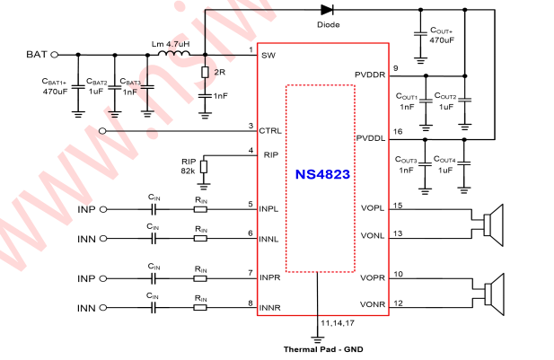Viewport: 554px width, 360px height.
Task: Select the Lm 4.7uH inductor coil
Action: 173,54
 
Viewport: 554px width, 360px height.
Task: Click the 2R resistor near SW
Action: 206,71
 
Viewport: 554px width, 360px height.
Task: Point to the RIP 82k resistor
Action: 203,166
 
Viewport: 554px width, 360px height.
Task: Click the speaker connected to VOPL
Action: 489,223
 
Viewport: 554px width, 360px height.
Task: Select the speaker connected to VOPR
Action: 489,292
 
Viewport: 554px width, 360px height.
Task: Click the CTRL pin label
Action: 270,131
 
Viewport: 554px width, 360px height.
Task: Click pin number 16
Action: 398,132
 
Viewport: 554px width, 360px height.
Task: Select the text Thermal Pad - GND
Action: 321,348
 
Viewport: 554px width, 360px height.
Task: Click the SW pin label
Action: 268,56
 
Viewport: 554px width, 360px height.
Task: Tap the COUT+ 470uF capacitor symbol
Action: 421,33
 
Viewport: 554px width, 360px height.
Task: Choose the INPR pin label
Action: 270,278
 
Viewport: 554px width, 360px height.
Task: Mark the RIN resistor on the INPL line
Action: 202,209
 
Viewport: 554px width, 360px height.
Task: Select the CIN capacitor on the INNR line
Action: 154,308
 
